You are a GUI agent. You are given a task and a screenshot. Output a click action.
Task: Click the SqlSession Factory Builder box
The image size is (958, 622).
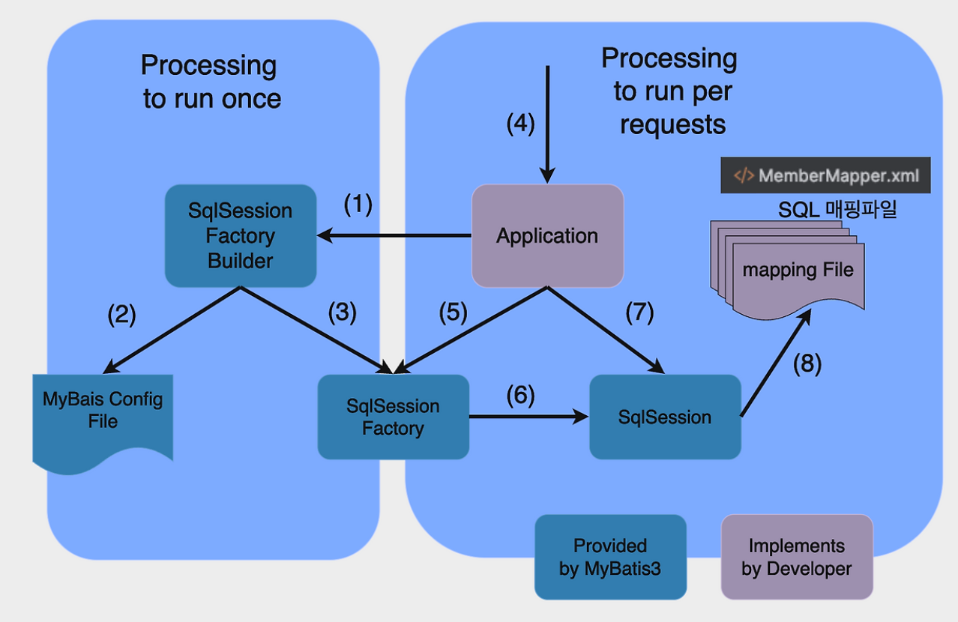pyautogui.click(x=240, y=236)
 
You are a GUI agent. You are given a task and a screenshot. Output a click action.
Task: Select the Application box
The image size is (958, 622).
pyautogui.click(x=547, y=235)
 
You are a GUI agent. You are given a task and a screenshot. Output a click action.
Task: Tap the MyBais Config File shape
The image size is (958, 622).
pyautogui.click(x=103, y=417)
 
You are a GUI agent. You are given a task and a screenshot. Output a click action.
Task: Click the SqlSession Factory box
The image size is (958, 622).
pyautogui.click(x=393, y=417)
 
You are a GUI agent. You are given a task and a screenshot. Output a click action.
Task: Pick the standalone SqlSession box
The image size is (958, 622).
pyautogui.click(x=665, y=417)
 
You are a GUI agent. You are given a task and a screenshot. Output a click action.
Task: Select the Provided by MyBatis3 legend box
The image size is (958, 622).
pyautogui.click(x=610, y=557)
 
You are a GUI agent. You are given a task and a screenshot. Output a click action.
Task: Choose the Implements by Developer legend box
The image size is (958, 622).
pyautogui.click(x=797, y=557)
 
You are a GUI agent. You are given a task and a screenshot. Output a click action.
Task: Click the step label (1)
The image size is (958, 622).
pyautogui.click(x=358, y=205)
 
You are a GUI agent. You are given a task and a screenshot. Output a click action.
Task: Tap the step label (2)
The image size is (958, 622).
pyautogui.click(x=121, y=315)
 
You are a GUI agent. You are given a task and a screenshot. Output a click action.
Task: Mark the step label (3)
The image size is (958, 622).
pyautogui.click(x=343, y=312)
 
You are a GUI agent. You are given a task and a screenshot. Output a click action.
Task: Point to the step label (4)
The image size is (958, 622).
pyautogui.click(x=521, y=123)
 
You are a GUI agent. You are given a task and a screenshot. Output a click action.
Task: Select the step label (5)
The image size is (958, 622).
pyautogui.click(x=453, y=312)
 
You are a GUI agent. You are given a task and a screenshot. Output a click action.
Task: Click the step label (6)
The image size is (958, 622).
pyautogui.click(x=521, y=395)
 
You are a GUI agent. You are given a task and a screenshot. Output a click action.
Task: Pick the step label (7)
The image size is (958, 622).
pyautogui.click(x=639, y=312)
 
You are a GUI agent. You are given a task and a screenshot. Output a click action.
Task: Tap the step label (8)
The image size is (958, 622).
pyautogui.click(x=807, y=363)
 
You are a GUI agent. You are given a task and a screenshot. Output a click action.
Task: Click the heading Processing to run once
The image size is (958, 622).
pyautogui.click(x=211, y=82)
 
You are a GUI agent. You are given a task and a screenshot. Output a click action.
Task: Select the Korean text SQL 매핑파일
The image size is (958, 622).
pyautogui.click(x=837, y=210)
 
